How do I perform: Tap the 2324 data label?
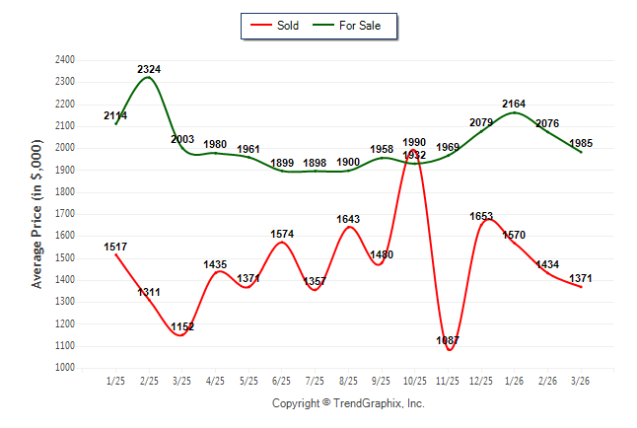pos(149,69)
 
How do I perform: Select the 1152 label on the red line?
pos(182,326)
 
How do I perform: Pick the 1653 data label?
pos(481,216)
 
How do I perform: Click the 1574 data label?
pos(282,234)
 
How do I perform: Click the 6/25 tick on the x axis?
pos(282,381)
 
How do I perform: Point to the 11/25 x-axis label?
pos(449,381)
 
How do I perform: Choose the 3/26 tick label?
pos(581,381)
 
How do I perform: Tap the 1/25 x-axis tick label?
pos(115,381)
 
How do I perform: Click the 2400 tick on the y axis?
pos(65,60)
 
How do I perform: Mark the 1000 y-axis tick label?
pos(65,368)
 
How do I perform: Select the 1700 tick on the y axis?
pos(65,214)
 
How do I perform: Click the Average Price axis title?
pos(37,214)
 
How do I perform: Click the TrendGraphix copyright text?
pos(348,403)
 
